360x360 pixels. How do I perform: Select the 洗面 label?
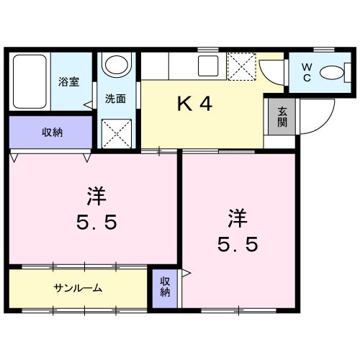click(115, 99)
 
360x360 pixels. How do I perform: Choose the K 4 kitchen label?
click(194, 105)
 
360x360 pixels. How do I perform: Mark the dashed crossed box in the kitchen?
click(241, 66)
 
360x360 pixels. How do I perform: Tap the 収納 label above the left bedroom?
click(50, 132)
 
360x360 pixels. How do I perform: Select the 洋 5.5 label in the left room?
click(94, 208)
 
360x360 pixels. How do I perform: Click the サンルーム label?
click(78, 288)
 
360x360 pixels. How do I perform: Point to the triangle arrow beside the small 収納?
click(186, 274)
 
